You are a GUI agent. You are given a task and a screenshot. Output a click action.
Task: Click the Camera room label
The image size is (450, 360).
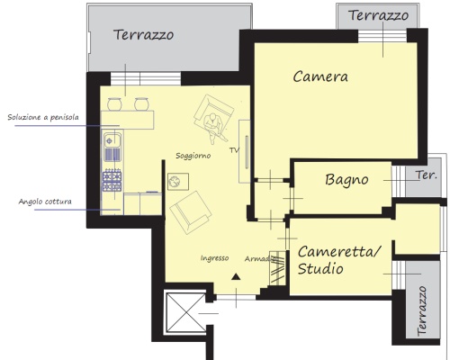tap(320, 76)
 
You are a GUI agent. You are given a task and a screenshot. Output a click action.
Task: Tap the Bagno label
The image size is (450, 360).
tap(346, 180)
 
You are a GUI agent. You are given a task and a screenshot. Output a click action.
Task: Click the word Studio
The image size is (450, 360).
tap(320, 268)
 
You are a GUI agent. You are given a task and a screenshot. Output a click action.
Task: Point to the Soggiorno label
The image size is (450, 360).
tap(193, 156)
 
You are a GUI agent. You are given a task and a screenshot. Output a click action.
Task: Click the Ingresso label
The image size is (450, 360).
tap(214, 258)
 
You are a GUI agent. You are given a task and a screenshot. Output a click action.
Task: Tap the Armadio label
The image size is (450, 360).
tap(260, 258)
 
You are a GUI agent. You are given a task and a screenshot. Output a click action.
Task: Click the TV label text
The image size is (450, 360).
tap(234, 150)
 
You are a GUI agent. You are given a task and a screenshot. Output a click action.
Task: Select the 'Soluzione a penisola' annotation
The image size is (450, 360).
tap(43, 117)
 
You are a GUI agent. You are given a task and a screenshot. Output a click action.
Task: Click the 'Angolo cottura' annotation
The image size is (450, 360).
tap(45, 202)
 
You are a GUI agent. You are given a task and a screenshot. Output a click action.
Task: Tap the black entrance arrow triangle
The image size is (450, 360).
tap(236, 276)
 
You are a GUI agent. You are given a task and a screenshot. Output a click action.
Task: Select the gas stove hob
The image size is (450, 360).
tap(112, 180)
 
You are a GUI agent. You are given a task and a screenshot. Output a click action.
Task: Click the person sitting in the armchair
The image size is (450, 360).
tap(214, 125)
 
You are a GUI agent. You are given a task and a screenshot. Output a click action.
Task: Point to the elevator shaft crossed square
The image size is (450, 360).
tap(186, 312)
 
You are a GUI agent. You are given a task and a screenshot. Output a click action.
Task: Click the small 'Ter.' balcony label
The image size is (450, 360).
tap(426, 175)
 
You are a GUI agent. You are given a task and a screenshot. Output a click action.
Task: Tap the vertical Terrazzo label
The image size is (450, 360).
tap(422, 310)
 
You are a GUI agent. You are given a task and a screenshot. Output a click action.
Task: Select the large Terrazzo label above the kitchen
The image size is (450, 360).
tap(144, 35)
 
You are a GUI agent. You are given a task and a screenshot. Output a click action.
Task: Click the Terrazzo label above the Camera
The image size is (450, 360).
tap(378, 15)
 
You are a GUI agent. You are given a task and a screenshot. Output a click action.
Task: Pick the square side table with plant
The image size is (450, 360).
tap(178, 182)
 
